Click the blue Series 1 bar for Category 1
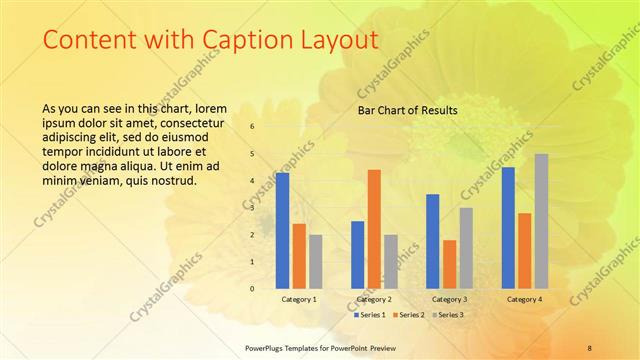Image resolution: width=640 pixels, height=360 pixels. click(x=283, y=230)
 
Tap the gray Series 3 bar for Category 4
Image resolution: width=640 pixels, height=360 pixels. click(x=541, y=221)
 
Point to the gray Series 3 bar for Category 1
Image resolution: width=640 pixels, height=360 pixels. click(x=316, y=261)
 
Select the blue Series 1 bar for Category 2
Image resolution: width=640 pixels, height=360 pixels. click(x=358, y=254)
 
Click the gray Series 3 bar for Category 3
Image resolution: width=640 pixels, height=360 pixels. click(x=466, y=247)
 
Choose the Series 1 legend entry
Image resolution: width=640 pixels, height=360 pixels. click(x=370, y=315)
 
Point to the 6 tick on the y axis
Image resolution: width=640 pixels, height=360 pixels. click(x=252, y=126)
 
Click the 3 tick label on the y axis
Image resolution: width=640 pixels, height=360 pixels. click(x=252, y=207)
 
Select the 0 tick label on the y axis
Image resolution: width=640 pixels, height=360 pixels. click(x=252, y=288)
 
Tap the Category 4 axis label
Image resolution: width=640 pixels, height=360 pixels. click(x=524, y=299)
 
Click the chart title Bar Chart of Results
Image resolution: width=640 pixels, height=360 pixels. click(x=408, y=110)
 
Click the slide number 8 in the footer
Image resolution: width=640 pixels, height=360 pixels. click(x=589, y=347)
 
